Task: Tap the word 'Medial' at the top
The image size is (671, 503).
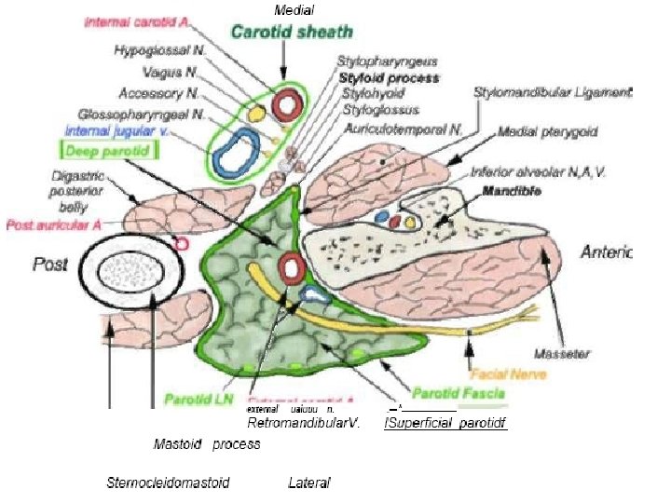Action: click(294, 9)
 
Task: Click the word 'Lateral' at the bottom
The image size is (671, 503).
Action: click(309, 483)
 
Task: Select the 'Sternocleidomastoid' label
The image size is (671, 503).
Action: click(169, 483)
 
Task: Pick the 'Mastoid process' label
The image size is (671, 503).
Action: click(207, 444)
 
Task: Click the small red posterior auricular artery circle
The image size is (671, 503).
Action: click(184, 244)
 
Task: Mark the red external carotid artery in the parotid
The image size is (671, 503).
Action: click(293, 268)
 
